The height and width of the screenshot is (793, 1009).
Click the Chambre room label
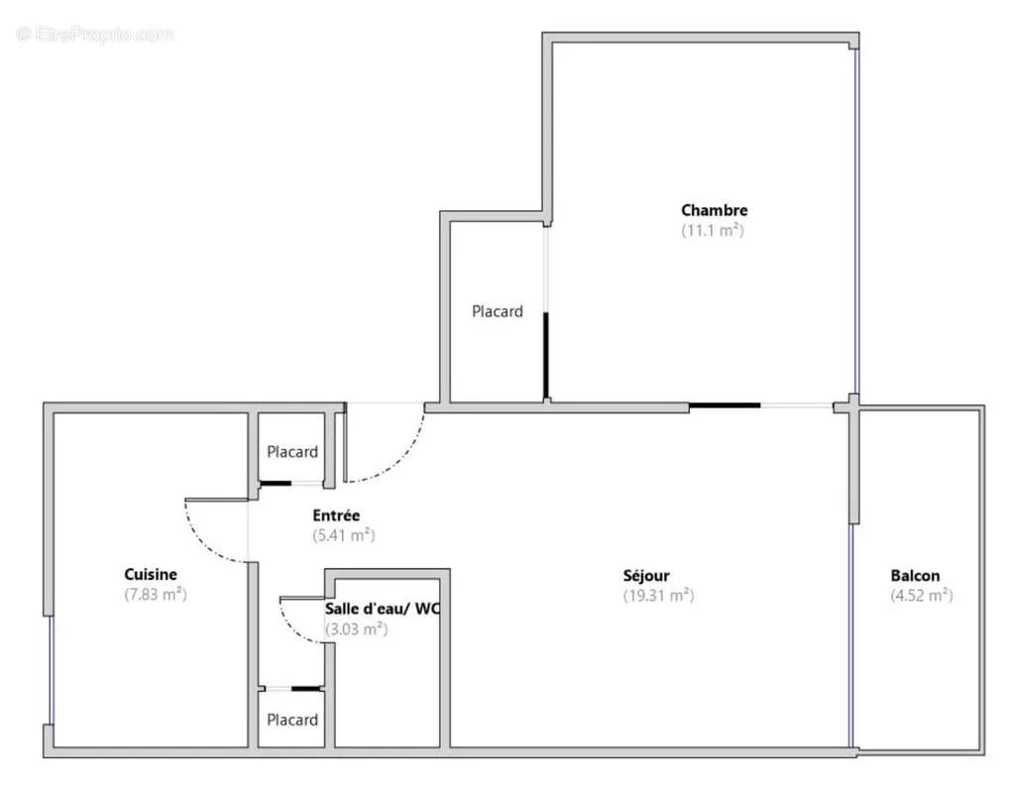[x=715, y=210]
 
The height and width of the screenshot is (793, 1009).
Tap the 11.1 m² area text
[x=713, y=230]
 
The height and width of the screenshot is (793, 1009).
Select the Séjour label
[x=646, y=576]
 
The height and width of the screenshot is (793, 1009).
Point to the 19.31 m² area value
[x=658, y=596]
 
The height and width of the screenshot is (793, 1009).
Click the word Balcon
[x=915, y=576]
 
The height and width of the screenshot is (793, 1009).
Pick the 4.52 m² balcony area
[x=922, y=596]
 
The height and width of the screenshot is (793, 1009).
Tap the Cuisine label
[x=151, y=574]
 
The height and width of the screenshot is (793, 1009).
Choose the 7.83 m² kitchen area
[x=156, y=594]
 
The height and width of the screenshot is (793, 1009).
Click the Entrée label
[x=336, y=514]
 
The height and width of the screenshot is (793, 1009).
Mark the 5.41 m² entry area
[x=344, y=535]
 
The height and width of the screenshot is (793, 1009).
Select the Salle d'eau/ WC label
[x=383, y=609]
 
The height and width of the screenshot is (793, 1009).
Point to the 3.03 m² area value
[x=357, y=628]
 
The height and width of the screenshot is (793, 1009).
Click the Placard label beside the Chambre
[x=498, y=311]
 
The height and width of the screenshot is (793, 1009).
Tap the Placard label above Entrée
[x=292, y=452]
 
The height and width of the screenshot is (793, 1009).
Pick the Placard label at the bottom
[x=292, y=720]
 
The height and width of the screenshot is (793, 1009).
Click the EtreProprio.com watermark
[x=94, y=34]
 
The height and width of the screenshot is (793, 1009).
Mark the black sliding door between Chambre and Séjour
[x=725, y=405]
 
